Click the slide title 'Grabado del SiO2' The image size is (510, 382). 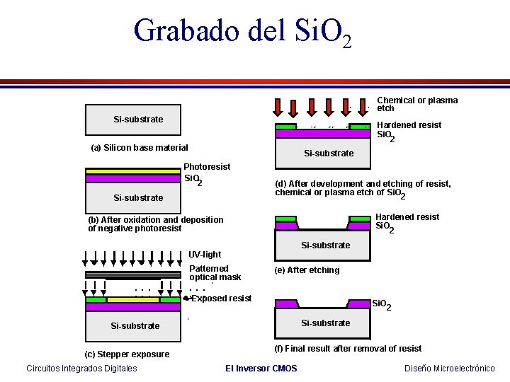coord(242,32)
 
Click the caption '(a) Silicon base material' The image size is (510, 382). coord(140,148)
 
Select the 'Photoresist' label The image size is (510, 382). coord(207,167)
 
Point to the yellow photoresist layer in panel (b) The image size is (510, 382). coord(132,171)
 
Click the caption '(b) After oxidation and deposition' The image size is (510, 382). coord(155,220)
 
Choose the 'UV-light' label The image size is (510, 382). coord(205,255)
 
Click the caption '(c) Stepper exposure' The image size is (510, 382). coord(127,354)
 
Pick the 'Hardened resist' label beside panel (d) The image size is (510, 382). coord(409,125)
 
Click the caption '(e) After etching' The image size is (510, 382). coord(307,270)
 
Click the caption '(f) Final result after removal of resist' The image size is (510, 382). coord(348,349)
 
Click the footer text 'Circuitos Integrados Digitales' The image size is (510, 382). coord(81,369)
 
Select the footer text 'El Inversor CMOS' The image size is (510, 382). coord(261,369)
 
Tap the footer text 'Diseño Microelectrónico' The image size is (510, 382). coord(450,369)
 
